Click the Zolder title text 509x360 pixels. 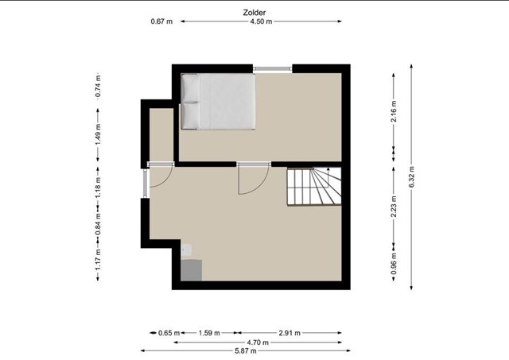254,13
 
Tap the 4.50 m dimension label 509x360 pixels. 261,21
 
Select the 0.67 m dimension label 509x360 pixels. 161,21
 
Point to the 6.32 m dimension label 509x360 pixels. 411,176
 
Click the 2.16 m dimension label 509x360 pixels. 394,111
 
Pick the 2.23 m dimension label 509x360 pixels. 394,207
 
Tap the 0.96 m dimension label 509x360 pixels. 394,263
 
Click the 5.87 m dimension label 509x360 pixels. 246,351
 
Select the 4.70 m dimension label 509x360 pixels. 258,343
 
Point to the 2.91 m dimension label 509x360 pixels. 289,333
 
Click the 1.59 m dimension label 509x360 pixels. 209,333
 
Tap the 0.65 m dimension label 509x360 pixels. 169,333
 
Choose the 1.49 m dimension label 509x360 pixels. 98,134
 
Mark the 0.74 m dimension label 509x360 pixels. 98,86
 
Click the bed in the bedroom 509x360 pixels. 218,102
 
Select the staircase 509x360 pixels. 314,186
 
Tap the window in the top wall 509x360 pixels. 273,68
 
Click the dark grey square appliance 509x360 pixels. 191,270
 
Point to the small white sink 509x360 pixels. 186,250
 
